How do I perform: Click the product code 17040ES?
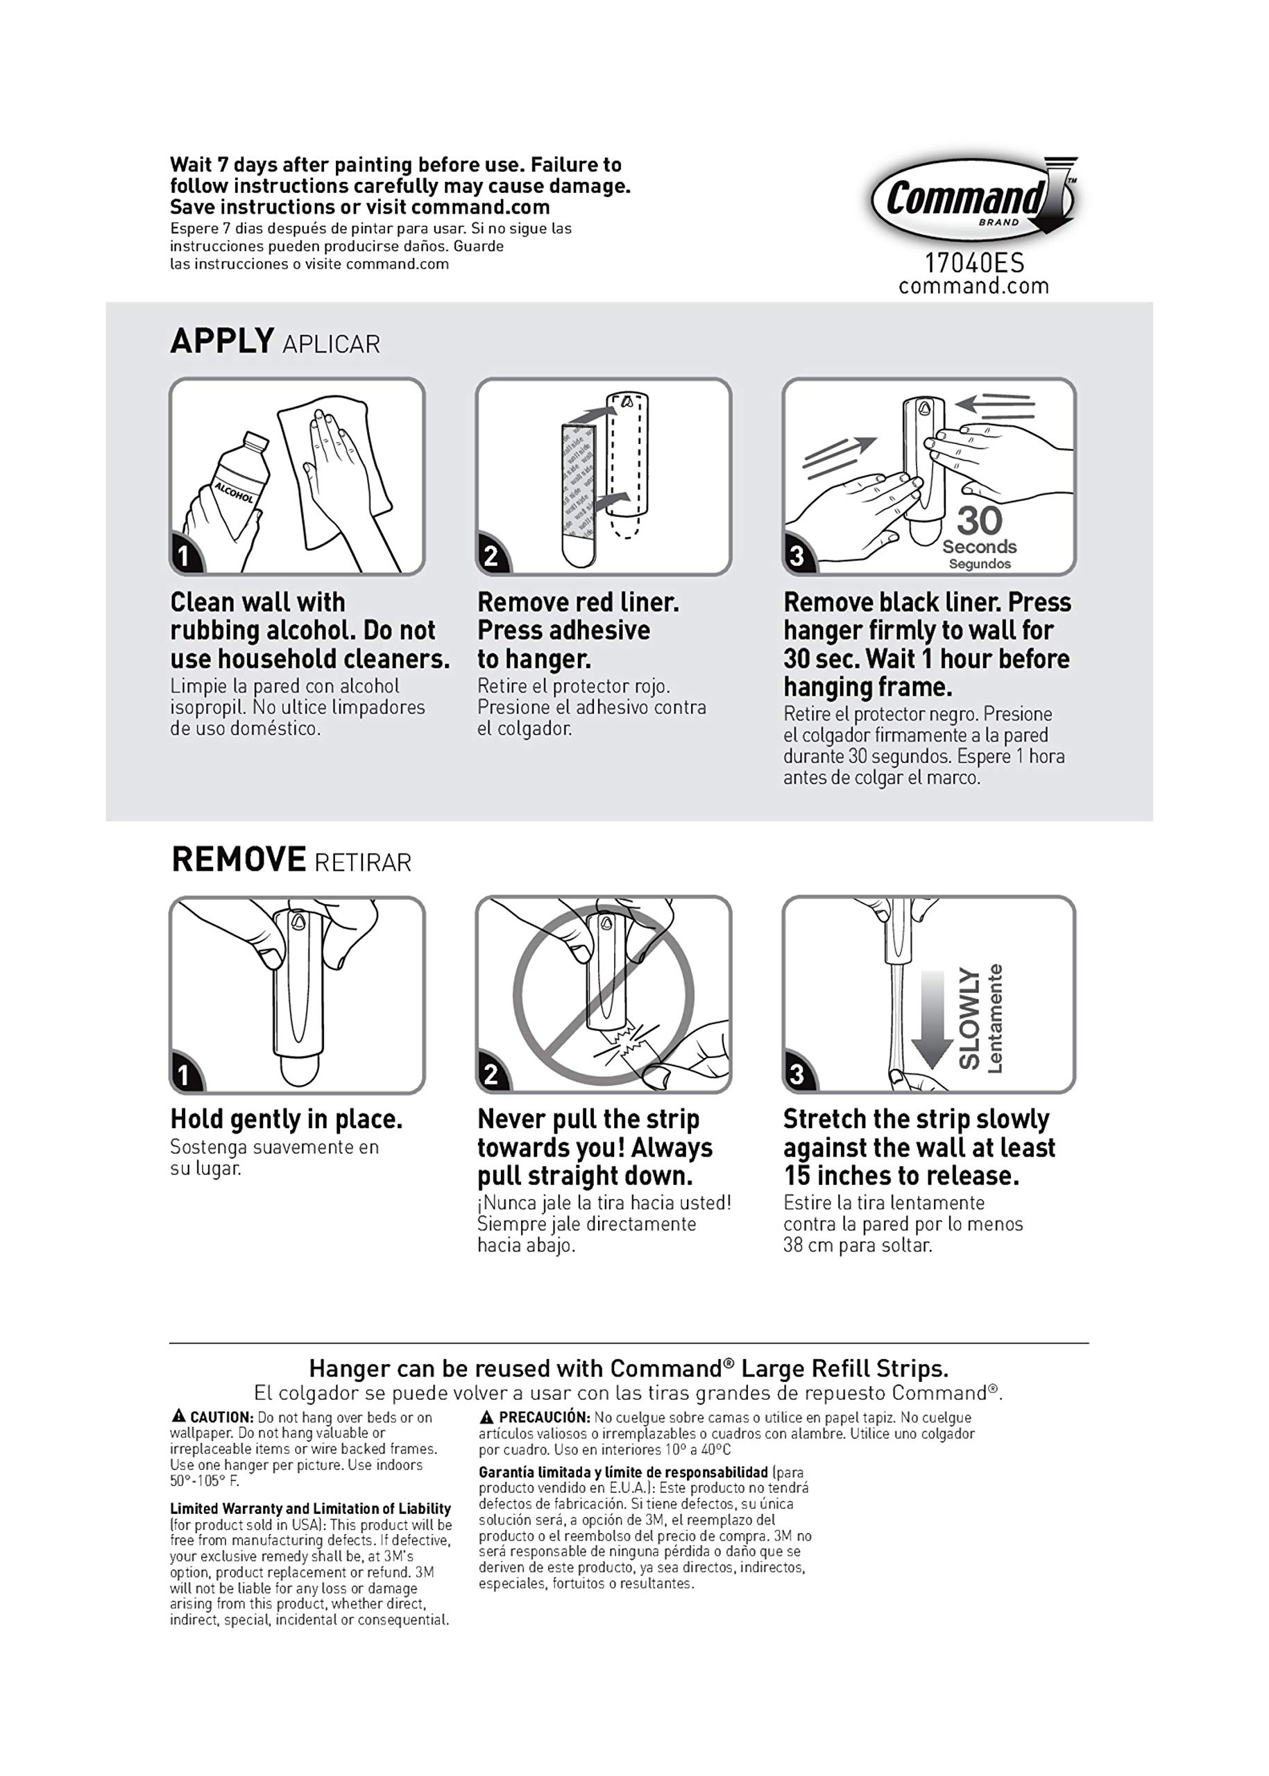(973, 262)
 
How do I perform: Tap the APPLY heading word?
(222, 341)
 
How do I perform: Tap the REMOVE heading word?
(239, 860)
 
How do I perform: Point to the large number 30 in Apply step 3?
(979, 520)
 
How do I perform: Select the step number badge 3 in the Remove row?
(797, 1075)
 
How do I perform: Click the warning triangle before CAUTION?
(179, 1416)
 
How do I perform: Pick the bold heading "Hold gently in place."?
(286, 1120)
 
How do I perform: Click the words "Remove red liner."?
(578, 602)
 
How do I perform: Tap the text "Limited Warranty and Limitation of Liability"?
(310, 1509)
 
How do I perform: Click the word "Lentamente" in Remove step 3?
(995, 1019)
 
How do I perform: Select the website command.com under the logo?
(973, 286)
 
